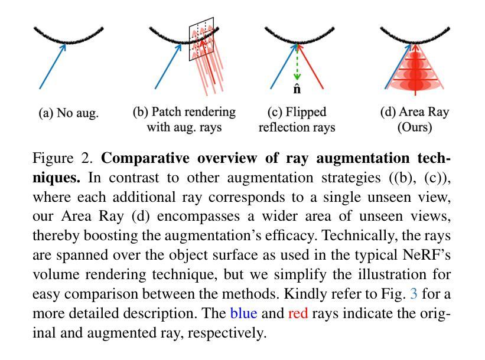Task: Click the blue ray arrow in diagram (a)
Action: (53, 67)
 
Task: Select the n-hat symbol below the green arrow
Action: (297, 89)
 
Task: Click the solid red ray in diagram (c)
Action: (310, 67)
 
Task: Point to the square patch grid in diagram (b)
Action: (201, 39)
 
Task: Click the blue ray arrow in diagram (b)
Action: (168, 67)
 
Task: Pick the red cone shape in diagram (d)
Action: (415, 70)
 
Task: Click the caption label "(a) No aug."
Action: (69, 113)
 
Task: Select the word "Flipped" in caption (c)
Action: (305, 112)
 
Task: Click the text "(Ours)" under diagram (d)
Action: (415, 127)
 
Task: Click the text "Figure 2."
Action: (63, 158)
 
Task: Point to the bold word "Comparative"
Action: (145, 158)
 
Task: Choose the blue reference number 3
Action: (414, 293)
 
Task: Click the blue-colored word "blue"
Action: (244, 313)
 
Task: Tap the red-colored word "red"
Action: (298, 313)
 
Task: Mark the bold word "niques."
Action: (56, 178)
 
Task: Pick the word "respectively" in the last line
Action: (225, 333)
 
